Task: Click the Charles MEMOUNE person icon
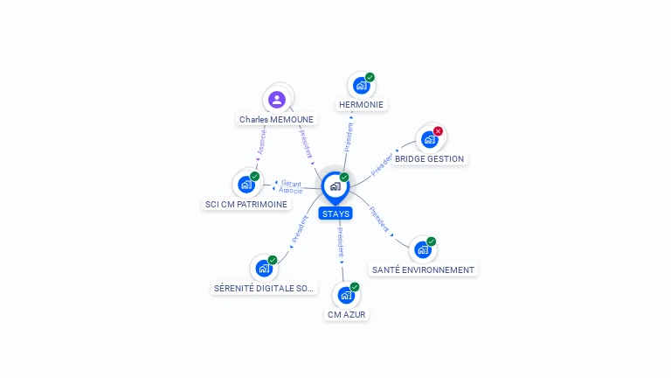click(x=277, y=100)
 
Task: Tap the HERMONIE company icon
click(x=362, y=85)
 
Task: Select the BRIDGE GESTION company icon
click(x=429, y=139)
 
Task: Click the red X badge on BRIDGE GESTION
click(x=438, y=131)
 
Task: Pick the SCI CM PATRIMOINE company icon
click(x=246, y=185)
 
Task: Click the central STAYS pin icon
click(x=335, y=187)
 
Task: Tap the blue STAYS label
click(x=335, y=213)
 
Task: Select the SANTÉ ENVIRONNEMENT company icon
click(x=423, y=250)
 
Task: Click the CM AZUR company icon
click(x=346, y=295)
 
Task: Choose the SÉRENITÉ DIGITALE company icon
click(x=264, y=269)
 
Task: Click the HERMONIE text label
click(x=361, y=105)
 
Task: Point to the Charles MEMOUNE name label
click(x=276, y=119)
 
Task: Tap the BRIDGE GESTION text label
click(x=429, y=158)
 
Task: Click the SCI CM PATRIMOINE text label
click(x=246, y=204)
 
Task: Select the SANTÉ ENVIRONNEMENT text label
click(x=423, y=269)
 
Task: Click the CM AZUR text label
click(x=346, y=314)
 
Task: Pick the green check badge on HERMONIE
click(x=370, y=77)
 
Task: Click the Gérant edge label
click(x=291, y=184)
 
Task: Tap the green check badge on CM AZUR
click(x=355, y=287)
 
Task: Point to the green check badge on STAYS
click(x=344, y=177)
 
